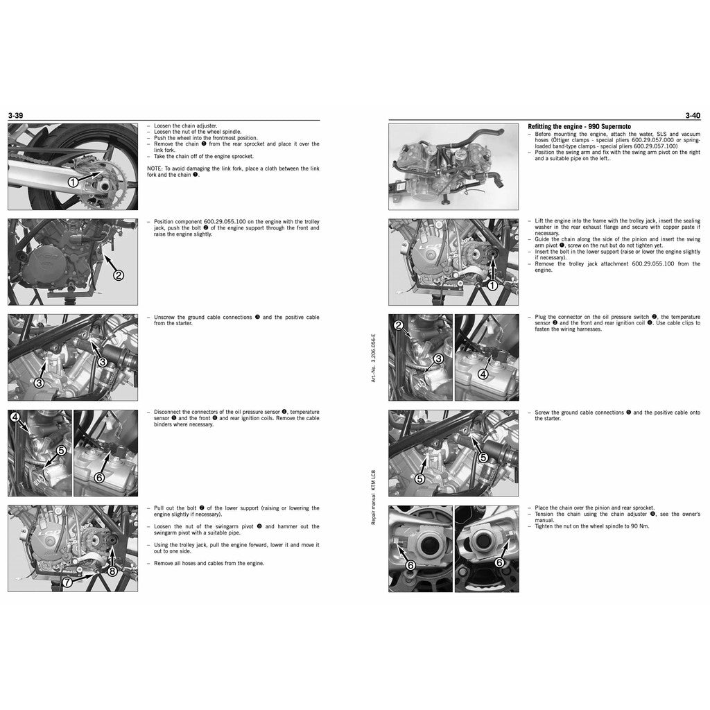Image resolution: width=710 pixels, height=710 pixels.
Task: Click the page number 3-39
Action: click(x=17, y=116)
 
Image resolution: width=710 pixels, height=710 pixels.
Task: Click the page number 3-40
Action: click(x=692, y=116)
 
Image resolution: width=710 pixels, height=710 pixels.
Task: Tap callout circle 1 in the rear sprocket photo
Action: click(x=73, y=182)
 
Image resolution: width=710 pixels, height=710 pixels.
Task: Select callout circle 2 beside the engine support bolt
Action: click(x=119, y=275)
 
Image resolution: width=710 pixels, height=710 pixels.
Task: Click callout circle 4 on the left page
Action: click(x=15, y=417)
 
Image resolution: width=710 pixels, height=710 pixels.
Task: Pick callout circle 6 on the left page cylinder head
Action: click(x=99, y=478)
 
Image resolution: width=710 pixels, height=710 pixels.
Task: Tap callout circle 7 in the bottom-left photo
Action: click(x=67, y=582)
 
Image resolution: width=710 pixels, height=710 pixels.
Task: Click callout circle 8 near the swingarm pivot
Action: click(x=112, y=571)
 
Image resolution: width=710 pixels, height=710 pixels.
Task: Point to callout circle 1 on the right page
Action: click(x=492, y=285)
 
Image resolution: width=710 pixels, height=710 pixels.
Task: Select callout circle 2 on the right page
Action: click(x=398, y=325)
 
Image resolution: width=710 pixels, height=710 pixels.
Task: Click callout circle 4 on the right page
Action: click(x=483, y=374)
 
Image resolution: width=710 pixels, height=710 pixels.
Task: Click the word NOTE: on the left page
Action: click(x=155, y=168)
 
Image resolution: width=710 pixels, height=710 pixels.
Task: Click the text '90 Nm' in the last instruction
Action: click(x=641, y=526)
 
